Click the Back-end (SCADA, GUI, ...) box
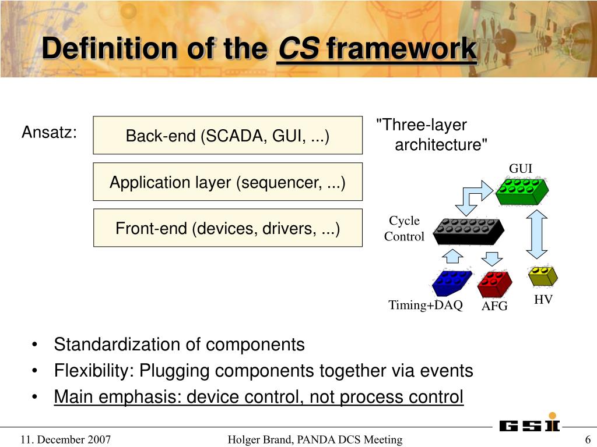(x=227, y=135)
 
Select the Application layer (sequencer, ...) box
(x=227, y=182)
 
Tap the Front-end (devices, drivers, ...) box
(x=227, y=228)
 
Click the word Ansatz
(x=49, y=133)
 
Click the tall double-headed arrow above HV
(x=536, y=234)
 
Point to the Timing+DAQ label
(x=426, y=305)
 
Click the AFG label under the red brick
(x=494, y=306)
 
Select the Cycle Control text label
(x=404, y=228)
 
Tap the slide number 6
(x=588, y=439)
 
